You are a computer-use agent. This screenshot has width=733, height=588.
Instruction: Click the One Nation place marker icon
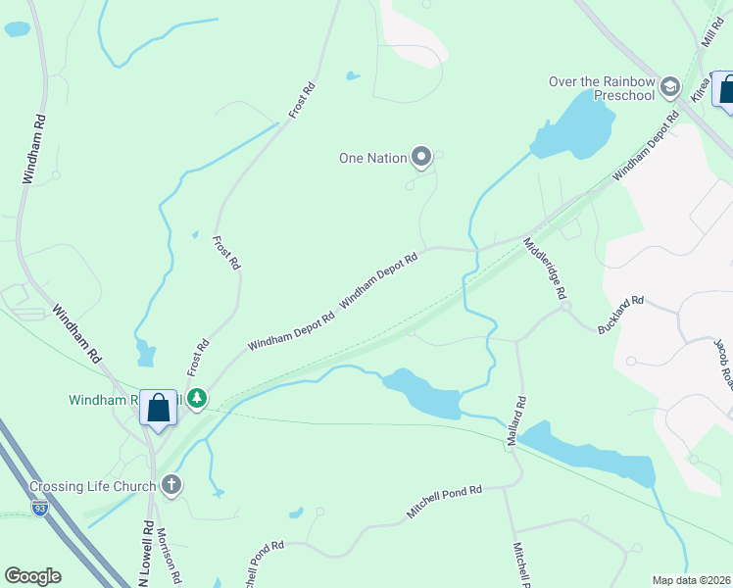click(421, 156)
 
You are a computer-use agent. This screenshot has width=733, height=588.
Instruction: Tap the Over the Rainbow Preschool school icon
click(670, 87)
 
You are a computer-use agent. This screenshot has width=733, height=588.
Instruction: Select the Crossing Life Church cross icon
click(171, 485)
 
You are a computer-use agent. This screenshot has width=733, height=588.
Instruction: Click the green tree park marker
click(197, 398)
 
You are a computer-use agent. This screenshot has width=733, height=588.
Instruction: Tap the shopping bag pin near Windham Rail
click(158, 407)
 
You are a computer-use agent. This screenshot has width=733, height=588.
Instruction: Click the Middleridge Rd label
click(546, 268)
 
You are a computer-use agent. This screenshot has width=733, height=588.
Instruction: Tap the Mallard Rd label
click(517, 420)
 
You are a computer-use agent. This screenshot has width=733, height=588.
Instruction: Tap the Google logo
click(32, 575)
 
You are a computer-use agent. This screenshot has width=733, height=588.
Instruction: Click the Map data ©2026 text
click(691, 580)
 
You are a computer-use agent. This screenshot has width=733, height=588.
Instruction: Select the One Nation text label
click(371, 157)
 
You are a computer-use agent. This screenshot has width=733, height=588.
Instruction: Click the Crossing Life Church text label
click(92, 486)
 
